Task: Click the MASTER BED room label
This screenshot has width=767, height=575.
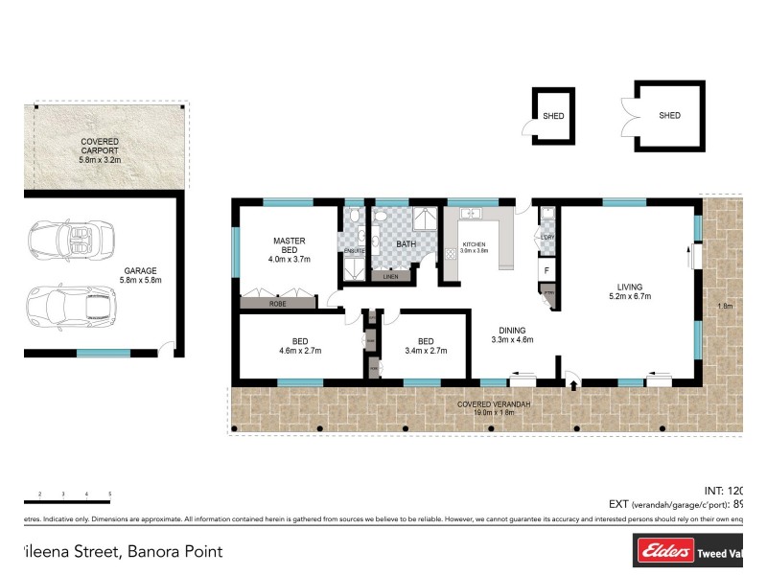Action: click(289, 241)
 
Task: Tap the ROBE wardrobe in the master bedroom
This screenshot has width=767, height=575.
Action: click(277, 303)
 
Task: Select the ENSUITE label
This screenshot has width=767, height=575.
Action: click(354, 251)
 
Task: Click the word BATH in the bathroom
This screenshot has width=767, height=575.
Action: click(407, 244)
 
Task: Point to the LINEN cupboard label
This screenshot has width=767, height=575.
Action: click(390, 277)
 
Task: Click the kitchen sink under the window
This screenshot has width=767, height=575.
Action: click(471, 214)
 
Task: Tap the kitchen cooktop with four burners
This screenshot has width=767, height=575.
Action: click(451, 256)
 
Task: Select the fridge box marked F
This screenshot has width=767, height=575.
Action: click(546, 270)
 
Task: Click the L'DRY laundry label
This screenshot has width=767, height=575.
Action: click(548, 237)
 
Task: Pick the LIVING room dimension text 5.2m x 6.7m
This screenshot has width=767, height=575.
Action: click(629, 296)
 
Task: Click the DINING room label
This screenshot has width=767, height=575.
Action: click(512, 329)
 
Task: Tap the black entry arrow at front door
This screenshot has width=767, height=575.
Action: click(573, 386)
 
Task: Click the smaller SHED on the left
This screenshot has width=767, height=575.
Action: click(553, 117)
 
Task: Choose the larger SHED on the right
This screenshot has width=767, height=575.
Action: click(669, 116)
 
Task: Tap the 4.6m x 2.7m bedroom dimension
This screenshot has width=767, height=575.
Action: click(300, 351)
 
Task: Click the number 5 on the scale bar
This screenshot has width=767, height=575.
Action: click(110, 494)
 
